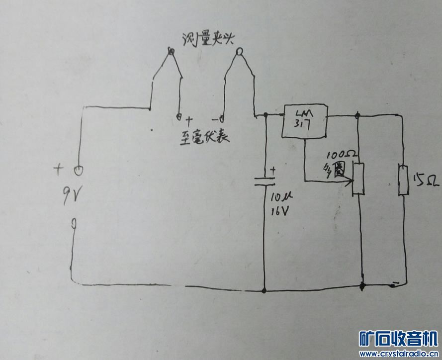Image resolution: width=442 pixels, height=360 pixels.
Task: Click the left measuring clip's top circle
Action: coord(171,51)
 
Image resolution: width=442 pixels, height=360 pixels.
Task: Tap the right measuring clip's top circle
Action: coord(240,51)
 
